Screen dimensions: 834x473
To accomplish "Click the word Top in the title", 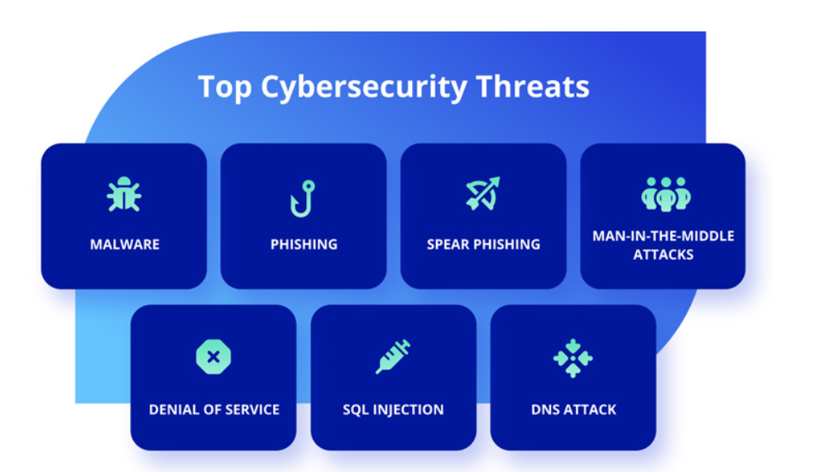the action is pyautogui.click(x=224, y=87).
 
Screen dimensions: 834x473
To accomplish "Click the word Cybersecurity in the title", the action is pyautogui.click(x=364, y=87).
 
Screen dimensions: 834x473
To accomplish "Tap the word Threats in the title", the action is pyautogui.click(x=533, y=86).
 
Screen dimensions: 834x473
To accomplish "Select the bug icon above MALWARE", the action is pyautogui.click(x=124, y=194).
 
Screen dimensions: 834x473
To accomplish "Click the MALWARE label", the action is pyautogui.click(x=124, y=245).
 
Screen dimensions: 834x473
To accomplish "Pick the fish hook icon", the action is pyautogui.click(x=303, y=198).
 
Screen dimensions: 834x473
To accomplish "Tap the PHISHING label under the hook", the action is pyautogui.click(x=304, y=245).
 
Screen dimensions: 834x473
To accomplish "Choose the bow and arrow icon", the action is pyautogui.click(x=483, y=193).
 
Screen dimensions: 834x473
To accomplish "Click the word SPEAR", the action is pyautogui.click(x=448, y=245).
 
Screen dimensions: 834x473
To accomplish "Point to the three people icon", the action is pyautogui.click(x=665, y=194).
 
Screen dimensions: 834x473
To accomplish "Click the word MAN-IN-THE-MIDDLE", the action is pyautogui.click(x=664, y=236).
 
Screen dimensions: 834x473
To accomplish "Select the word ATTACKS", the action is pyautogui.click(x=664, y=255).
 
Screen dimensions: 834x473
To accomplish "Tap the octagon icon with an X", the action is pyautogui.click(x=213, y=356).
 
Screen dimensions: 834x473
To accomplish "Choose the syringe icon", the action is pyautogui.click(x=393, y=356).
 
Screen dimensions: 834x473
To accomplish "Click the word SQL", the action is pyautogui.click(x=355, y=410).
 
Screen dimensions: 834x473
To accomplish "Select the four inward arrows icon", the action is pyautogui.click(x=573, y=358).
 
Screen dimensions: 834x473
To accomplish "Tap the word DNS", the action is pyautogui.click(x=544, y=410).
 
